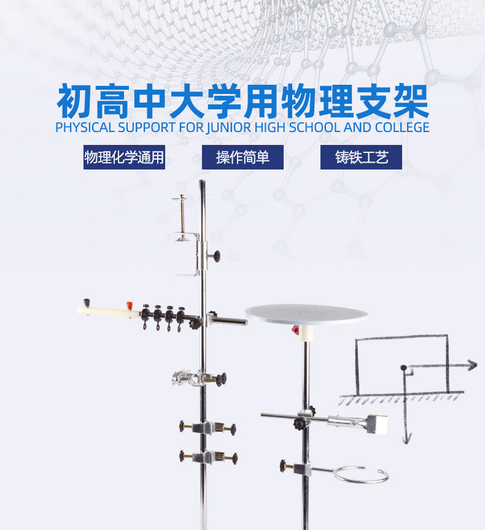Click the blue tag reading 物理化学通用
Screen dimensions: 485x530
(124, 157)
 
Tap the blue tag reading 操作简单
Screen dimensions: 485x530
(243, 157)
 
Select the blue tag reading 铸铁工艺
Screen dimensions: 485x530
(361, 157)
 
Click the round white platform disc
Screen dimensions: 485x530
(307, 314)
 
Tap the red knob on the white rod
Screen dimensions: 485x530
(130, 304)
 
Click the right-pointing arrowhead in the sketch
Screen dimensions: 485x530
(471, 365)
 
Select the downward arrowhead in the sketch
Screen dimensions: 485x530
(406, 437)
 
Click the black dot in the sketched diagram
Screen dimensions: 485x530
(403, 367)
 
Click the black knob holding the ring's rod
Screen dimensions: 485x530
(284, 465)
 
